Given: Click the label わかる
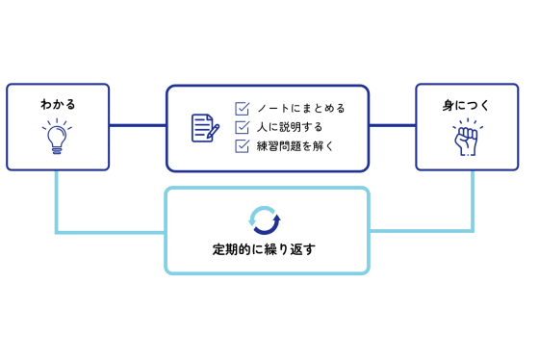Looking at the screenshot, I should coord(58,104).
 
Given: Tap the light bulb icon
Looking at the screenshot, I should coord(58,138).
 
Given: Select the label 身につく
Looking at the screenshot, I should coord(467,104).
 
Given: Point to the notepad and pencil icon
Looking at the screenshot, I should coord(205,128).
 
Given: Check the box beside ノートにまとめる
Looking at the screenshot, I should coord(243,109).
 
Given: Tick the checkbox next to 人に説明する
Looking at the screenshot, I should coord(243,127).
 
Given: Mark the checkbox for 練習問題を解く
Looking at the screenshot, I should coord(243,146).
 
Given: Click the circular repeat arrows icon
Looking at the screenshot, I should coord(265,219).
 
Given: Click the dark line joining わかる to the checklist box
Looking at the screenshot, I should coord(138,125).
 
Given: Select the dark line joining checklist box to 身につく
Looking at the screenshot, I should coord(393,125).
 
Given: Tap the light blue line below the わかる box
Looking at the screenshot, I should coord(57,202).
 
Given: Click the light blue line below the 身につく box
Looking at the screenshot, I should coord(473,202).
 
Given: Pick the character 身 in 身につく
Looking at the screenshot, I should coord(449,104).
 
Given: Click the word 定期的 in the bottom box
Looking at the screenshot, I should coord(230,249).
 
